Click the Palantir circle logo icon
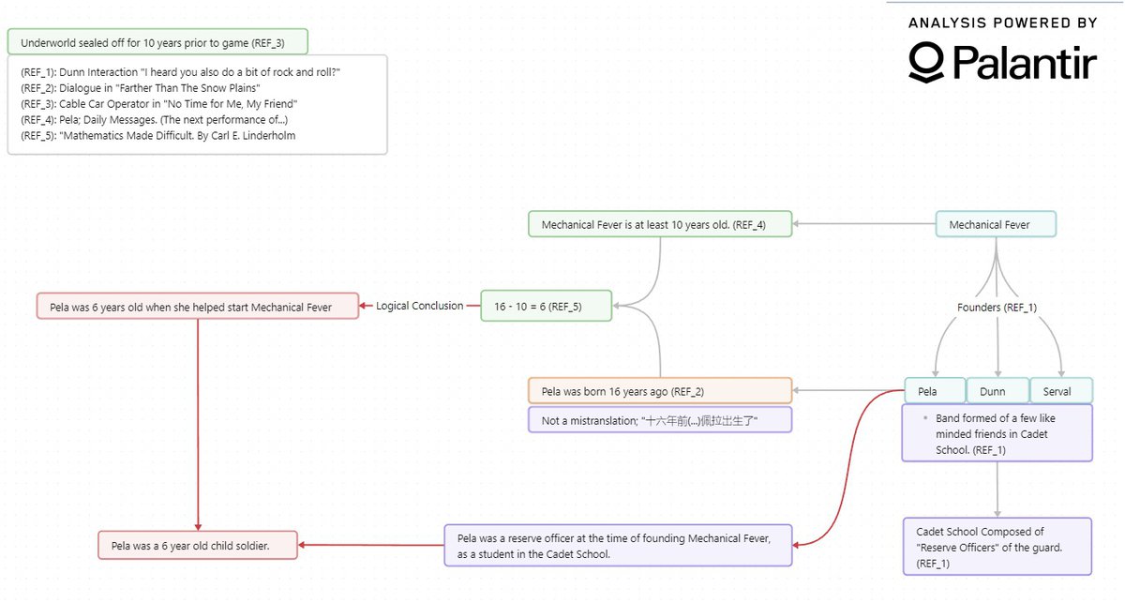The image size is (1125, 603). click(x=926, y=63)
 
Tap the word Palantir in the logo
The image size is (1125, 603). click(x=1025, y=63)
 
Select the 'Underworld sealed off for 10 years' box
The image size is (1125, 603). click(x=157, y=42)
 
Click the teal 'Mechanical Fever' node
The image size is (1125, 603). click(x=996, y=224)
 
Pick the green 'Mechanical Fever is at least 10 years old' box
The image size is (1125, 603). click(x=660, y=224)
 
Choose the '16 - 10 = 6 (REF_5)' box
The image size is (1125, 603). click(x=546, y=306)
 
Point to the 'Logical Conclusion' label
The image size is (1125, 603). click(x=419, y=306)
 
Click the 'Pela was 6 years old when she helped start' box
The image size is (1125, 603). click(x=198, y=306)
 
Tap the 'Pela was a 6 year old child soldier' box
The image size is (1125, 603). click(x=198, y=545)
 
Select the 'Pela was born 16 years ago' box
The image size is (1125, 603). click(x=660, y=391)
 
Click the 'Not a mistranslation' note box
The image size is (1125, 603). click(x=660, y=420)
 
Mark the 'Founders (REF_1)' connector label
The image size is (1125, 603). click(x=997, y=308)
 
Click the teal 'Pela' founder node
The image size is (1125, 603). click(x=935, y=391)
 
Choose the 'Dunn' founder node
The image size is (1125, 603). click(x=997, y=391)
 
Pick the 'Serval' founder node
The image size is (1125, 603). click(x=1061, y=391)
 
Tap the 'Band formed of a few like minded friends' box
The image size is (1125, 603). click(x=997, y=433)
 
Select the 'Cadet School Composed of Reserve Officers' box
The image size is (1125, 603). click(x=997, y=546)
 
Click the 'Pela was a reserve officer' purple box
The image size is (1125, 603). click(x=618, y=545)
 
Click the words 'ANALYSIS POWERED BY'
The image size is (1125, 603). click(x=1002, y=23)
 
